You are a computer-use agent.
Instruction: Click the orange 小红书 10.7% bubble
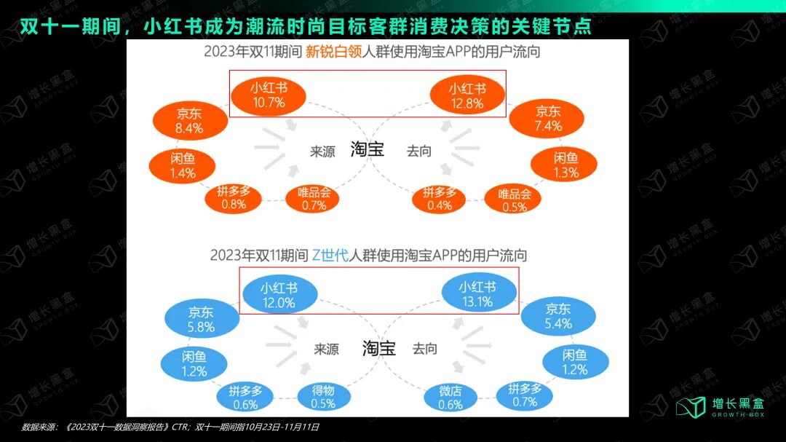(x=269, y=94)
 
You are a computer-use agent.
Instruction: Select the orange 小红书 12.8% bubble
(x=467, y=95)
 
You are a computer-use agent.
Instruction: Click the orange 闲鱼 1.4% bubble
(x=182, y=165)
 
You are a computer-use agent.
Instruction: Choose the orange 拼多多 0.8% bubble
(x=234, y=197)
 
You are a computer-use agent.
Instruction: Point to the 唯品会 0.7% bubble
(x=314, y=199)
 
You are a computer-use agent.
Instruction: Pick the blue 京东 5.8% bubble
(x=201, y=320)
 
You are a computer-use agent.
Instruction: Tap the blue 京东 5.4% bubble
(x=557, y=316)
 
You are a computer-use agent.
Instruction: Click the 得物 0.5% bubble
(x=322, y=397)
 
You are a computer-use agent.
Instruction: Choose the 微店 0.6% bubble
(x=450, y=398)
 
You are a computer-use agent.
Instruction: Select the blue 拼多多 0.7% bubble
(x=524, y=395)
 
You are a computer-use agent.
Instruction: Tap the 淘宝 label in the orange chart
(x=367, y=149)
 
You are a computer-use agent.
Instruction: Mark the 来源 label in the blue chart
(x=326, y=349)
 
